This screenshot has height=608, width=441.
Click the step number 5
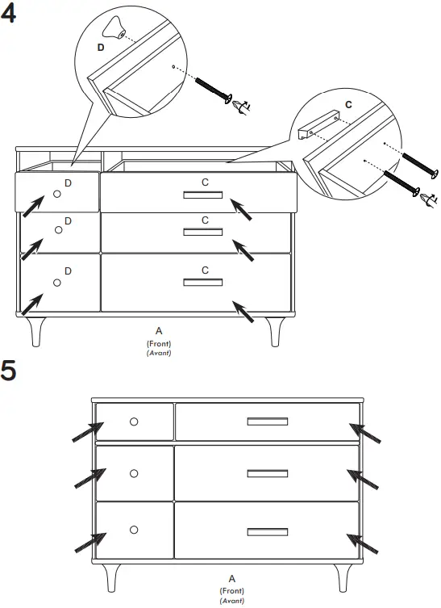[x=10, y=372]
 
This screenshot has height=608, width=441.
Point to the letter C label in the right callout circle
[x=348, y=104]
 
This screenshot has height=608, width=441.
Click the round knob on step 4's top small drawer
[x=57, y=194]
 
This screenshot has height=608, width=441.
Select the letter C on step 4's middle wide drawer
[x=205, y=220]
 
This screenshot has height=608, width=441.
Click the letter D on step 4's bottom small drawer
[x=68, y=269]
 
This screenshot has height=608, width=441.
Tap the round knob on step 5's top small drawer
[x=134, y=421]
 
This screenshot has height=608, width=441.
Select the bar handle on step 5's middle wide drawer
[x=268, y=473]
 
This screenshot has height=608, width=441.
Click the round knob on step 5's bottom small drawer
[x=134, y=529]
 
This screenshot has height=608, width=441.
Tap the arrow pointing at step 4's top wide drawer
[x=243, y=209]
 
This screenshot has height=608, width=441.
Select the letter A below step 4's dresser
[x=159, y=330]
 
